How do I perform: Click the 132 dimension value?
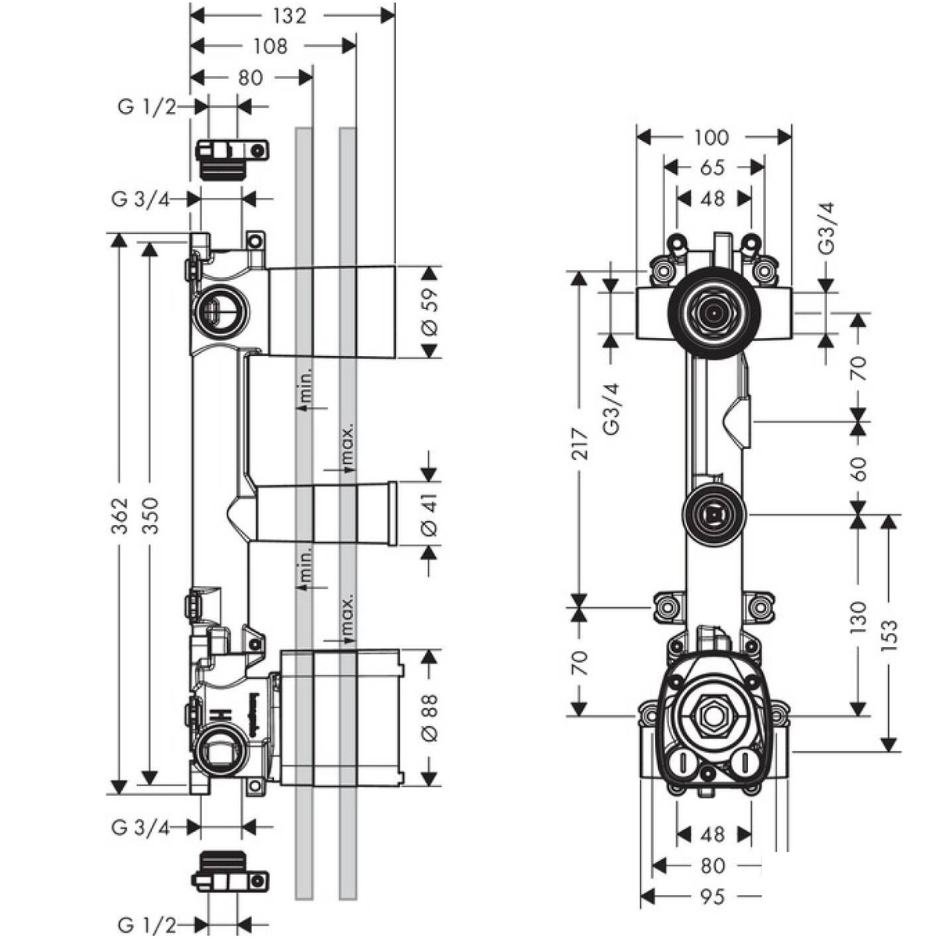289,15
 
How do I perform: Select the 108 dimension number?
271,46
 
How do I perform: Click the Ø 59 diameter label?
430,312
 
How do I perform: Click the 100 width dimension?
711,138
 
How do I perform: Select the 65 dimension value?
713,167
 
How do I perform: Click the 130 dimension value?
858,617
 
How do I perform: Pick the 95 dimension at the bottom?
712,896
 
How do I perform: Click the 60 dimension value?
858,468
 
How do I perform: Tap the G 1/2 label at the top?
147,107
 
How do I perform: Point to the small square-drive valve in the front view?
714,514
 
